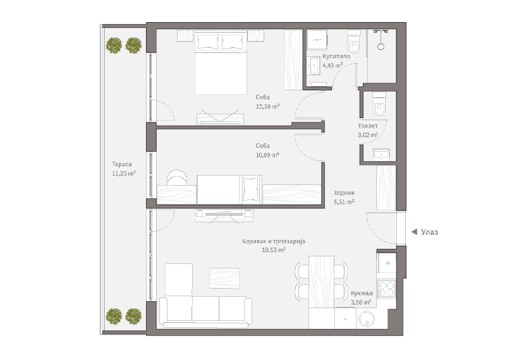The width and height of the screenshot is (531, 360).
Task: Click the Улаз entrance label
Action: pyautogui.click(x=429, y=232)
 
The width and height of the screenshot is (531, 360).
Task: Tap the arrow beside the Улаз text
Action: pyautogui.click(x=414, y=232)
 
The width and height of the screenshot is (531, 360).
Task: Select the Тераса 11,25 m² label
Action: pyautogui.click(x=124, y=169)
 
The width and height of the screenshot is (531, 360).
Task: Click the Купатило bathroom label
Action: pyautogui.click(x=336, y=56)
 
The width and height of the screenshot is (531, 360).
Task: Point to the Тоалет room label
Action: pyautogui.click(x=368, y=126)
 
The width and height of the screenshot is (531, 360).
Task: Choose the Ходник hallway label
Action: pyautogui.click(x=345, y=193)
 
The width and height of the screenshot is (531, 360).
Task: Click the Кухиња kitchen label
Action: pyautogui.click(x=362, y=293)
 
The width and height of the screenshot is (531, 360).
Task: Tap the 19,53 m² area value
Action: pyautogui.click(x=274, y=250)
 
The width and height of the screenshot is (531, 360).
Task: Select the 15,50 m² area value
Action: pyautogui.click(x=267, y=106)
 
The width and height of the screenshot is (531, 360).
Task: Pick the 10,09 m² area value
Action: pyautogui.click(x=267, y=155)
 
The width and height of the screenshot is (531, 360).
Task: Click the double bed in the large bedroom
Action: pyautogui.click(x=221, y=63)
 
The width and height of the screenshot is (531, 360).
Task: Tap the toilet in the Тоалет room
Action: pyautogui.click(x=379, y=104)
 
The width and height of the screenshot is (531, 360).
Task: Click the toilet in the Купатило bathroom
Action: pyautogui.click(x=354, y=41)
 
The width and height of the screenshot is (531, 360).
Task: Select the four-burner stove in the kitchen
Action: pyautogui.click(x=386, y=289)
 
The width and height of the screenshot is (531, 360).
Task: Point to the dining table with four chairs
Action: pyautogui.click(x=321, y=282)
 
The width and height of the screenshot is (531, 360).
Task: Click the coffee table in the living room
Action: pyautogui.click(x=224, y=278)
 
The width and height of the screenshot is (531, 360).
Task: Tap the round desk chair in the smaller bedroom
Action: pyautogui.click(x=177, y=177)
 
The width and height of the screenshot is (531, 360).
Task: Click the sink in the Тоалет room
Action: pyautogui.click(x=381, y=155)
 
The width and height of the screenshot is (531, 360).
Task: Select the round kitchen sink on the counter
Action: pyautogui.click(x=367, y=318)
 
